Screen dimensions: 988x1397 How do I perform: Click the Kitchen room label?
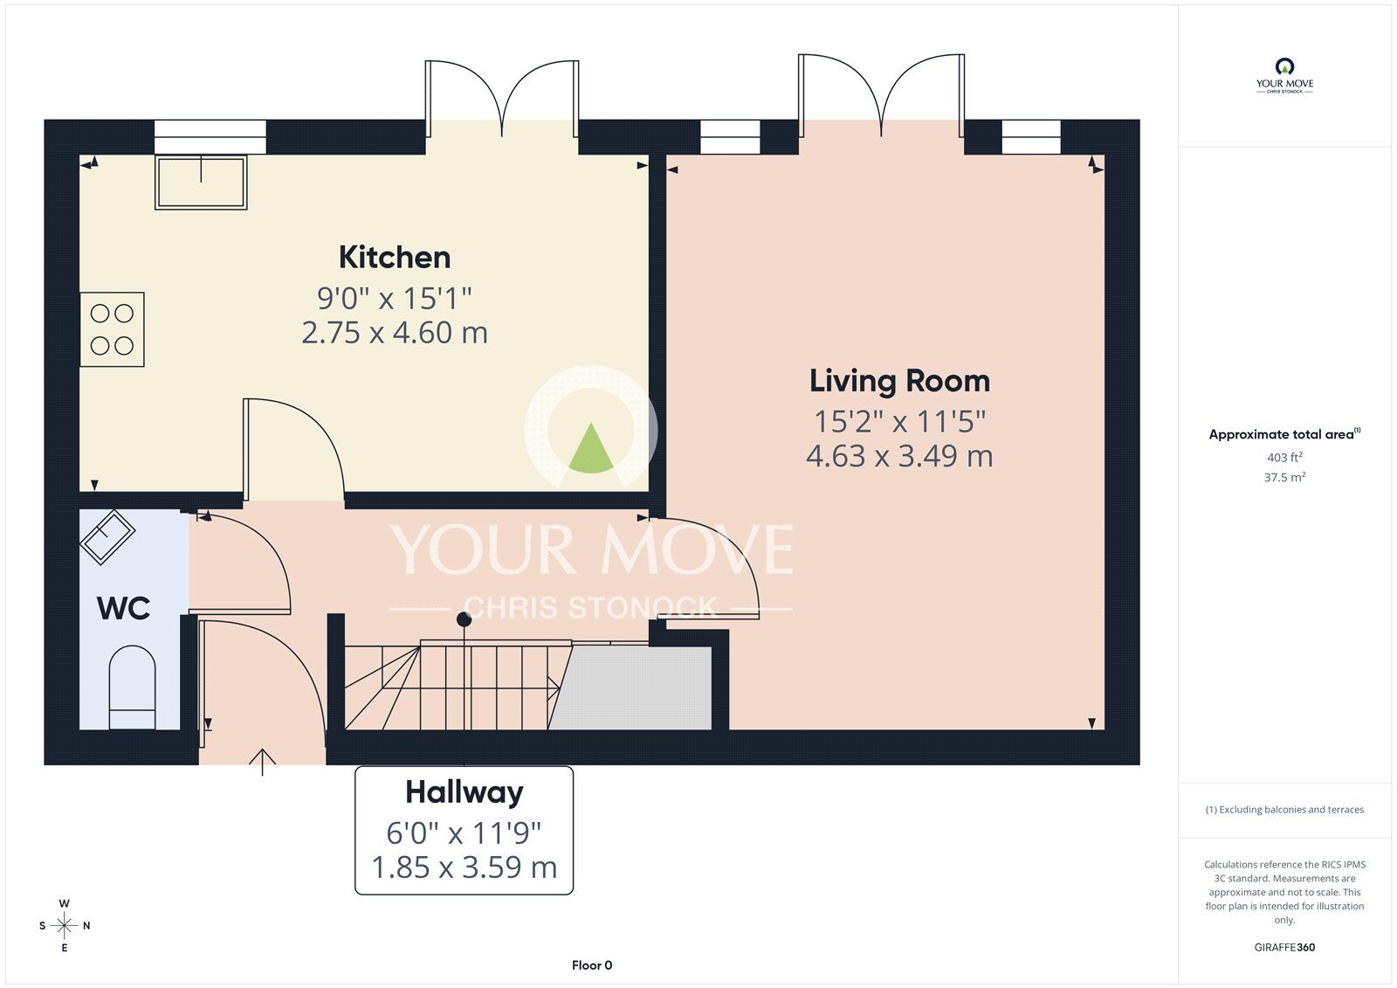(x=395, y=258)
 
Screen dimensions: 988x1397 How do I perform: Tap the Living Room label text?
(x=899, y=381)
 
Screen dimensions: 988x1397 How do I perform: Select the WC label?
(x=123, y=608)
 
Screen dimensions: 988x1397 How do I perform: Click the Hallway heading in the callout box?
(x=464, y=792)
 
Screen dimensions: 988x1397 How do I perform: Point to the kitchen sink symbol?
(x=201, y=182)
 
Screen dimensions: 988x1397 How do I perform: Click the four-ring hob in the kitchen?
(x=112, y=328)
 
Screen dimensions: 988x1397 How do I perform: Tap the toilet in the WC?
(x=132, y=687)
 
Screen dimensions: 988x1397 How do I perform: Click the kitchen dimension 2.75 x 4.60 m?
(x=395, y=333)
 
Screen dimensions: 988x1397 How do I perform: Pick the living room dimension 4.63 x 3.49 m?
(x=899, y=456)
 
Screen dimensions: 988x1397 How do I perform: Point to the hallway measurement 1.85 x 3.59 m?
(x=464, y=867)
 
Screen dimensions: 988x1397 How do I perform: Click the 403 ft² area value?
(x=1284, y=458)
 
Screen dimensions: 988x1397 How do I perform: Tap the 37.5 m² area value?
(x=1285, y=478)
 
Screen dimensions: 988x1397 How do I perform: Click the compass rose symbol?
(x=64, y=925)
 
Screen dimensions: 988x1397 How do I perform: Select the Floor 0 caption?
(x=592, y=965)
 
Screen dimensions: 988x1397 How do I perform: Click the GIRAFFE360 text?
(x=1284, y=947)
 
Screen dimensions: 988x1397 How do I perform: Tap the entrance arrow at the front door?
(x=262, y=762)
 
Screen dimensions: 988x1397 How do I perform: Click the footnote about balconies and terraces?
(x=1284, y=810)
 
